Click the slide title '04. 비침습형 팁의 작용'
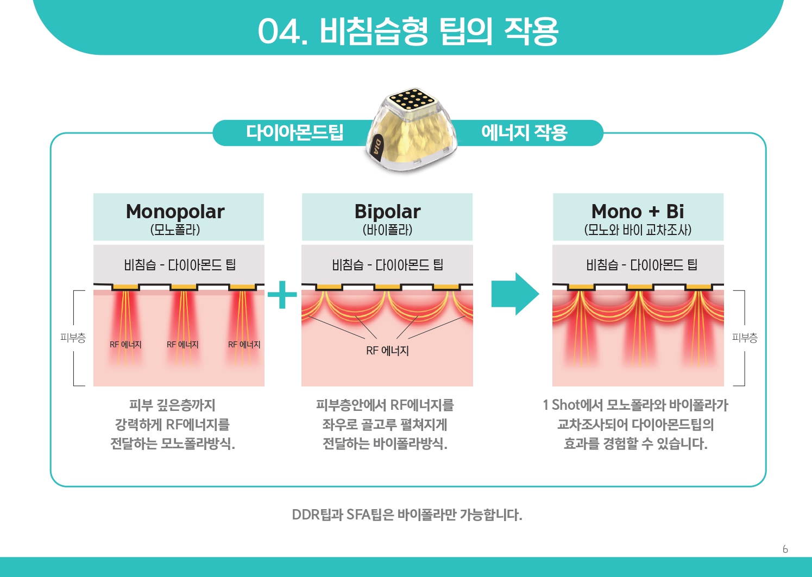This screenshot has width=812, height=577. [x=407, y=31]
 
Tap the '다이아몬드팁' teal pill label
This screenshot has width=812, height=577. [x=294, y=132]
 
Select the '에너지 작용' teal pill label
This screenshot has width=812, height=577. [x=524, y=132]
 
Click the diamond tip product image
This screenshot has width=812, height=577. [x=411, y=130]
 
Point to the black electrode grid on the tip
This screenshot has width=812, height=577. [x=412, y=99]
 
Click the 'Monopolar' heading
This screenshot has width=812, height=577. [x=175, y=212]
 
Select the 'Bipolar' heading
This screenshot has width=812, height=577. [x=387, y=212]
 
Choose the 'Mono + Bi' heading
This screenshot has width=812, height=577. [x=638, y=211]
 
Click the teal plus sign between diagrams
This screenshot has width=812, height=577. [x=282, y=295]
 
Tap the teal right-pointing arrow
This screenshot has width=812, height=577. [x=514, y=294]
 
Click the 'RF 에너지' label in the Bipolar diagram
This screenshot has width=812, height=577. [x=387, y=351]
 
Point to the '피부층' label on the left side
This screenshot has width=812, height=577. [x=73, y=338]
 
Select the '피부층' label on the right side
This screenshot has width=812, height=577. [x=745, y=338]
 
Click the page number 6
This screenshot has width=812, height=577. [x=785, y=549]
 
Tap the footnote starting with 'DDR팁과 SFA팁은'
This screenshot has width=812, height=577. [x=407, y=515]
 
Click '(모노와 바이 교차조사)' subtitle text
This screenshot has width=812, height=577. [x=638, y=230]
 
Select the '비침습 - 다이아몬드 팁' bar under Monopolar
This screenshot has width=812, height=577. [x=179, y=265]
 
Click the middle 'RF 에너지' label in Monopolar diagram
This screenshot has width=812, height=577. [x=182, y=345]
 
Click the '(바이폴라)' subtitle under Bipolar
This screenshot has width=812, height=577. [x=387, y=230]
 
